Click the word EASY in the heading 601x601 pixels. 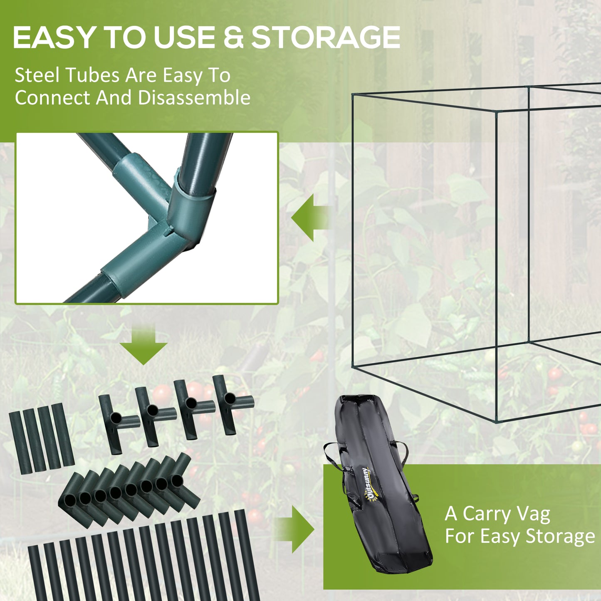pos(53,37)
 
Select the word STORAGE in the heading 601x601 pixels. pos(326,37)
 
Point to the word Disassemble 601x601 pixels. pos(194,98)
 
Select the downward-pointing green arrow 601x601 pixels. pos(144,345)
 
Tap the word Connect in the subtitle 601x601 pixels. pos(52,98)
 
